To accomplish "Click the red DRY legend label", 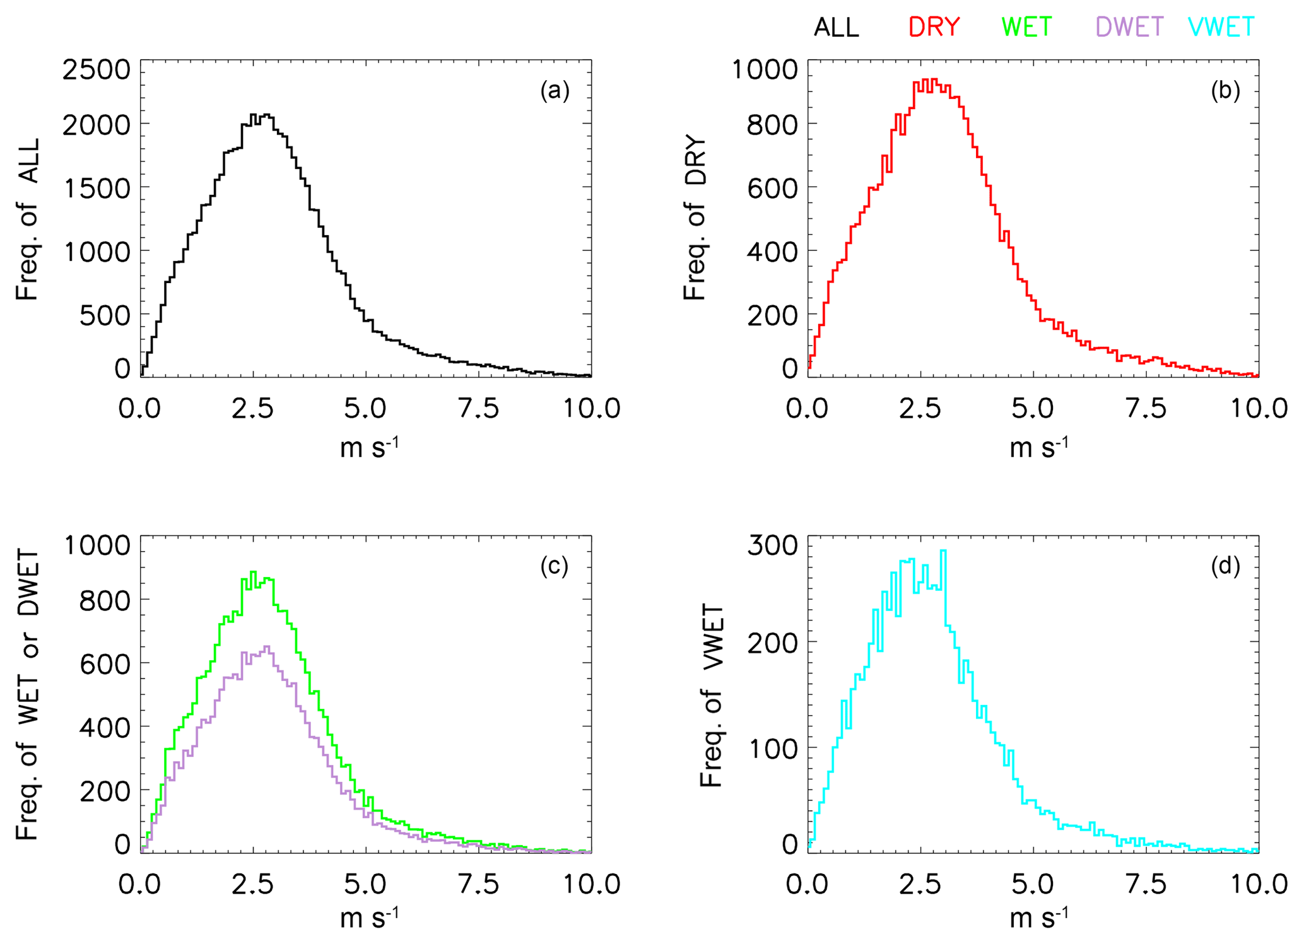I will pyautogui.click(x=934, y=27).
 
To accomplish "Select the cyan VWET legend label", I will pyautogui.click(x=1221, y=27).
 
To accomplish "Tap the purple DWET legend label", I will pyautogui.click(x=1129, y=27).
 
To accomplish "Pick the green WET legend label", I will pyautogui.click(x=1027, y=27).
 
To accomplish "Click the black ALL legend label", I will pyautogui.click(x=837, y=28).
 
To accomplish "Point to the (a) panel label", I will pyautogui.click(x=555, y=91).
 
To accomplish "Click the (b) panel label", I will pyautogui.click(x=1225, y=91).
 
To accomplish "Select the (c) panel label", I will pyautogui.click(x=555, y=567).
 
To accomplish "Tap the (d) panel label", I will pyautogui.click(x=1225, y=567).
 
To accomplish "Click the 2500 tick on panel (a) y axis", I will pyautogui.click(x=97, y=69).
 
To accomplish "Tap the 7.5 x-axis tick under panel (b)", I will pyautogui.click(x=1146, y=409).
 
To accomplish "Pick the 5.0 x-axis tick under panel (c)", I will pyautogui.click(x=365, y=884).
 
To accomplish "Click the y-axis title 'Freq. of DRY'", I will pyautogui.click(x=695, y=218).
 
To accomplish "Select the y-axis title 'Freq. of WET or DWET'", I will pyautogui.click(x=28, y=694).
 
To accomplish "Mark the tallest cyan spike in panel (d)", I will pyautogui.click(x=943, y=552).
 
